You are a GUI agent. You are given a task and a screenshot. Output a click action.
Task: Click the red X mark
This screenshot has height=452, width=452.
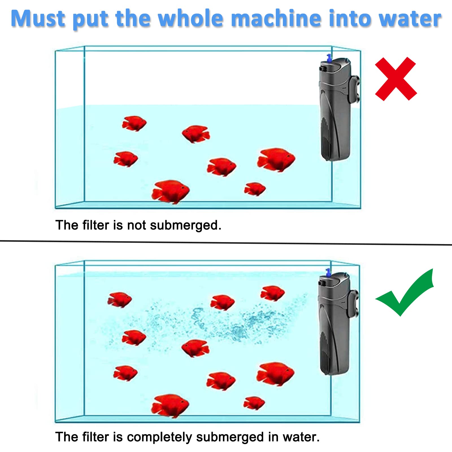click(x=395, y=79)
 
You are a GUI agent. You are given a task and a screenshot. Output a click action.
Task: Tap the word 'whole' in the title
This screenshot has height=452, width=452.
click(x=190, y=18)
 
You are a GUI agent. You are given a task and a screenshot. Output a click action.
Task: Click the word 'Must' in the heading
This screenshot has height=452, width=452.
click(x=38, y=18)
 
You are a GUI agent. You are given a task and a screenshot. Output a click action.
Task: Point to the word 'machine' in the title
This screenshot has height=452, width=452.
click(x=276, y=18)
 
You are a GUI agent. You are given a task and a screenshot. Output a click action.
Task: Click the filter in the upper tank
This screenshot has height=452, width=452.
click(x=335, y=113)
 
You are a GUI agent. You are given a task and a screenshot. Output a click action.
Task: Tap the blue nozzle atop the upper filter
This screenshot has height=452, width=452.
click(x=329, y=58)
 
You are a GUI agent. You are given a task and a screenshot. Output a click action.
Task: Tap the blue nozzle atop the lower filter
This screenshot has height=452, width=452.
click(x=328, y=272)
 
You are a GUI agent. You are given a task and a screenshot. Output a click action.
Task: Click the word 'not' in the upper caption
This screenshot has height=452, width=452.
click(x=136, y=225)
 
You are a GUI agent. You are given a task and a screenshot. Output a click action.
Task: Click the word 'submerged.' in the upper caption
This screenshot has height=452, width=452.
click(x=186, y=225)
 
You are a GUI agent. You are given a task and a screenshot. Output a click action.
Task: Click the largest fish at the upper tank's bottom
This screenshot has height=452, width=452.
click(x=170, y=191)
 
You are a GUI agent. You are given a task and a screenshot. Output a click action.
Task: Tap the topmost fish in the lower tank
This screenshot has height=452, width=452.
click(x=272, y=293)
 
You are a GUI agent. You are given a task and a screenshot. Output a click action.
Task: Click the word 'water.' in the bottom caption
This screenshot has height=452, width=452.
click(x=301, y=437)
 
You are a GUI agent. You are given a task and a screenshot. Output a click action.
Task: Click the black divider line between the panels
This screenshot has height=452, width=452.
click(x=226, y=243)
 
